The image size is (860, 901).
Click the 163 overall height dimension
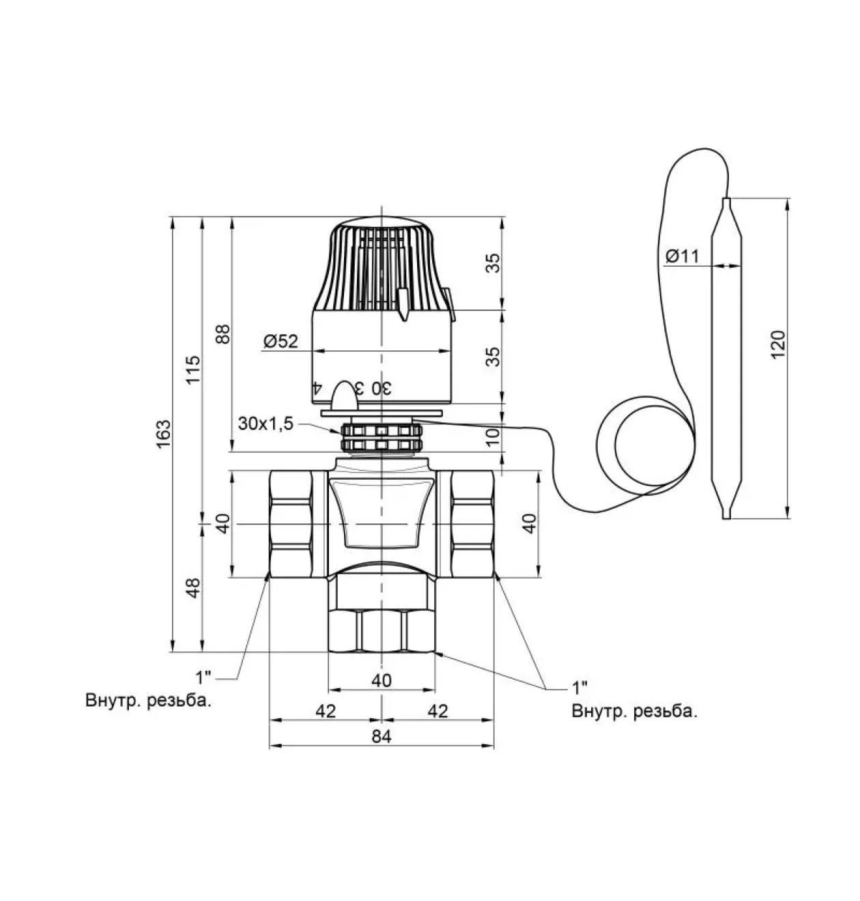163,435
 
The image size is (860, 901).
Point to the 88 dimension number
223,334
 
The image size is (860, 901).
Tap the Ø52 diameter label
281,341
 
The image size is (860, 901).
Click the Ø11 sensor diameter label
683,256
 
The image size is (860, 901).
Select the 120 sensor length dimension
778,345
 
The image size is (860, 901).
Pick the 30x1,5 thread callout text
266,424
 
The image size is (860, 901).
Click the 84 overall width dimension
382,736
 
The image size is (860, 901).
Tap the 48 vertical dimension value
193,588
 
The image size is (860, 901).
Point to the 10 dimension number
492,438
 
